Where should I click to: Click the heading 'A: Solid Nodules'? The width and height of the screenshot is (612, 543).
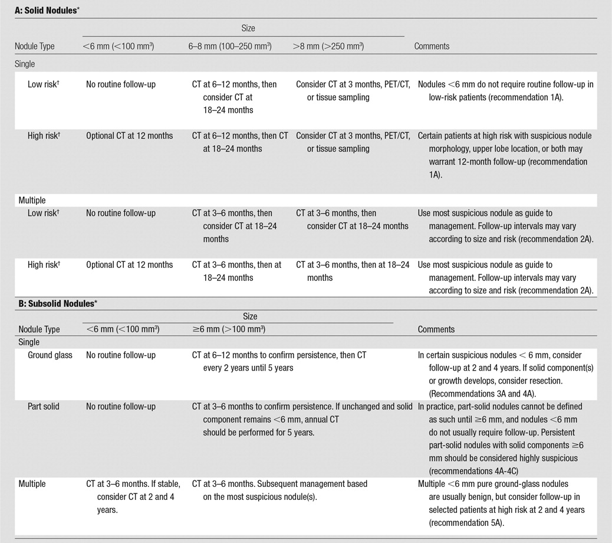47,10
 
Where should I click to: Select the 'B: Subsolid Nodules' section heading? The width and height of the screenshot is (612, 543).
56,303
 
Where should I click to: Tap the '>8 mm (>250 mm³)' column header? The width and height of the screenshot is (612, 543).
328,46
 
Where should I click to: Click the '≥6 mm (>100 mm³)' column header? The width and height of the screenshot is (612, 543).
228,329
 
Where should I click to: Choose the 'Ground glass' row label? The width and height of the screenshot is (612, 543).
50,355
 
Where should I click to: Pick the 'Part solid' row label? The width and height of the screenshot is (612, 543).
44,407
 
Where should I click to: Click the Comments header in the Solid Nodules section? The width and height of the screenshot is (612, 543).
432,46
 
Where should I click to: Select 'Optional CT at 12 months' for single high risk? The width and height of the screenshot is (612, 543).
130,136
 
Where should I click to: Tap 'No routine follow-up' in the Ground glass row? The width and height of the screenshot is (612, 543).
121,355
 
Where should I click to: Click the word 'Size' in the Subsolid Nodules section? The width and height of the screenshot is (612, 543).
250,317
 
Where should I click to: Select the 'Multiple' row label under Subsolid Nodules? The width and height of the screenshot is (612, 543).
40,484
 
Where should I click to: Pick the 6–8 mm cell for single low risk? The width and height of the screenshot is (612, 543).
235,97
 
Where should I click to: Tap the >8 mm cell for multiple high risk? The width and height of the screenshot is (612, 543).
353,271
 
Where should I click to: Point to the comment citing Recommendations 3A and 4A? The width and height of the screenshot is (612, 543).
499,374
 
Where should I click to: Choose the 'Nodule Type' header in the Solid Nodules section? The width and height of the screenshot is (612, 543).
35,46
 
